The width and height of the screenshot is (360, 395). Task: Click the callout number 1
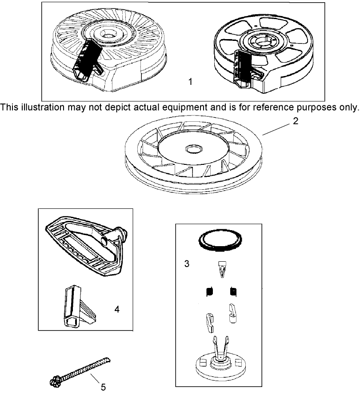[x=190, y=82]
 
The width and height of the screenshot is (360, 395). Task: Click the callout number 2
[x=296, y=121]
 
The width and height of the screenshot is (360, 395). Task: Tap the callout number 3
[x=187, y=263]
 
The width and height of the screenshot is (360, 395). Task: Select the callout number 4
[x=117, y=309]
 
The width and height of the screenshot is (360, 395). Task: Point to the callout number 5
[x=103, y=387]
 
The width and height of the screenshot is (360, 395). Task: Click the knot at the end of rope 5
[x=55, y=381]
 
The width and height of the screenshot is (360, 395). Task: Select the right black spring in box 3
[x=232, y=291]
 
